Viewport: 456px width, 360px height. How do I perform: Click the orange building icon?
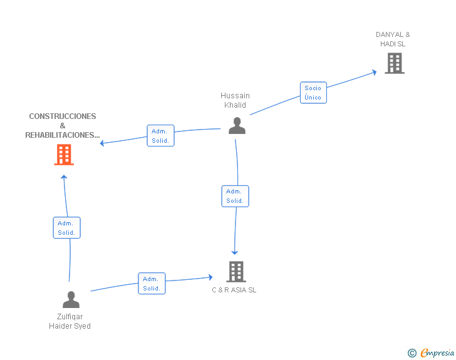tap(64, 155)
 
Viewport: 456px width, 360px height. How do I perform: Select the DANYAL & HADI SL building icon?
tap(395, 63)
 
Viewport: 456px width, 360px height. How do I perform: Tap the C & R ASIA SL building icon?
tap(236, 272)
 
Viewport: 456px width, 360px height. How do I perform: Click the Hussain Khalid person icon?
tap(237, 126)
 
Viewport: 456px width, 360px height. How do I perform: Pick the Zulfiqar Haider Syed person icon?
tap(71, 299)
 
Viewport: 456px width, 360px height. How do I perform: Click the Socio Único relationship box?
tap(313, 93)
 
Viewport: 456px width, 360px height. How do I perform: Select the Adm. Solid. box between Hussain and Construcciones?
tap(160, 135)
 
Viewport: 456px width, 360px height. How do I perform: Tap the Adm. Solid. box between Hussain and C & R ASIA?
tap(235, 197)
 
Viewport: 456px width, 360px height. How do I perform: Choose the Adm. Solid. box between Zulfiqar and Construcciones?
tap(66, 228)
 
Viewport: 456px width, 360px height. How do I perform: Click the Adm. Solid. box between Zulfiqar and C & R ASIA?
tap(152, 283)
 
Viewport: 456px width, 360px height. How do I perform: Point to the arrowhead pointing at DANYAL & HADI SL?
tap(375, 72)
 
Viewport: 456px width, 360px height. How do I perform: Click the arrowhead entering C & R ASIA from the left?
tap(210, 277)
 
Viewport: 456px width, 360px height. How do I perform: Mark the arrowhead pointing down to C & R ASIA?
tap(235, 252)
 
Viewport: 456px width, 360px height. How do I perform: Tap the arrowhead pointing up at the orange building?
tap(64, 177)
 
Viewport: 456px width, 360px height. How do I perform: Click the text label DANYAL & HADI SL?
tap(393, 39)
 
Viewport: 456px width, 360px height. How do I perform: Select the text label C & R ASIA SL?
tap(234, 290)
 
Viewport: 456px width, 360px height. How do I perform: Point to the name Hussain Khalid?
tap(235, 100)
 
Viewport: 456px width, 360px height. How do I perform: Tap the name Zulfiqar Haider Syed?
tap(70, 321)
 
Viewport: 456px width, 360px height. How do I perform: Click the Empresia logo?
tap(431, 352)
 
